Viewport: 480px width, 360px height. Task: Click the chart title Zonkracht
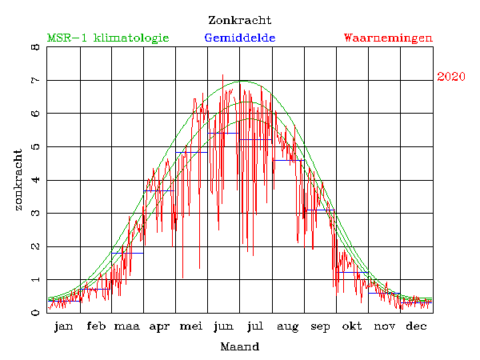coord(239,20)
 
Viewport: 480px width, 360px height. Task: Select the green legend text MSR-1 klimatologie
coord(108,38)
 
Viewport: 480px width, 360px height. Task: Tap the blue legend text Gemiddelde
coord(240,38)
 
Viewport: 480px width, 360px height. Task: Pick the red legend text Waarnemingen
coord(388,38)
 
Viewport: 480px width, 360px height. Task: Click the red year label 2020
coord(451,77)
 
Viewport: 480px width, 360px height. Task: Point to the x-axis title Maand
coord(239,347)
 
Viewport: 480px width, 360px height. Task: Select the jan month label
coord(64,326)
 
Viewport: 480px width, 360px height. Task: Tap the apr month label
coord(159,326)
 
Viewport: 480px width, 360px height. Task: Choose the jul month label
coord(255,326)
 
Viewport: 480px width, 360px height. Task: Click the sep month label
coord(320,326)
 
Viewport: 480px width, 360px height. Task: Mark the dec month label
coord(416,326)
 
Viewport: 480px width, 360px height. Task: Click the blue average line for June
coord(223,133)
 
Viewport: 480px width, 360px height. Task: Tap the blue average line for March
coord(127,253)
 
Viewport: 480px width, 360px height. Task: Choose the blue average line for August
coord(288,160)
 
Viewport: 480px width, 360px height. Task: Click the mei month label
coord(191,326)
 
